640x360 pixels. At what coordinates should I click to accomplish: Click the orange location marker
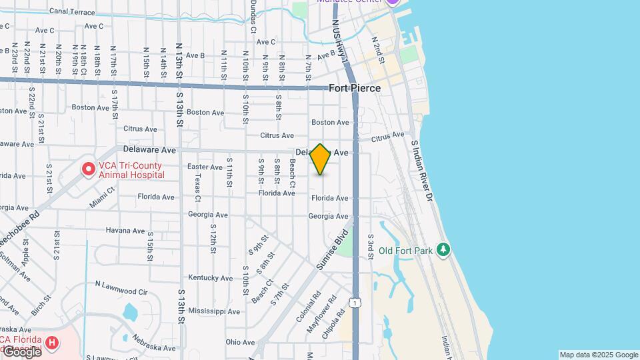pyautogui.click(x=321, y=159)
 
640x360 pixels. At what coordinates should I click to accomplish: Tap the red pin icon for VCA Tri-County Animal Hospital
pyautogui.click(x=88, y=169)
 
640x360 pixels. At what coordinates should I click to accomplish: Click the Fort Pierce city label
pyautogui.click(x=355, y=88)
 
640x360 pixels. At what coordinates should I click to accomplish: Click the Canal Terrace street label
pyautogui.click(x=72, y=12)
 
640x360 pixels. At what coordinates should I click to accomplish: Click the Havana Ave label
pyautogui.click(x=125, y=231)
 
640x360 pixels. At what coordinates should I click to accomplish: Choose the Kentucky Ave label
pyautogui.click(x=210, y=277)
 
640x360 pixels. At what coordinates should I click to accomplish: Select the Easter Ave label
pyautogui.click(x=205, y=167)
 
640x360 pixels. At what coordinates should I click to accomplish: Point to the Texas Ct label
pyautogui.click(x=197, y=188)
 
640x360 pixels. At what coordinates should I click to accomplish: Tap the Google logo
pyautogui.click(x=21, y=351)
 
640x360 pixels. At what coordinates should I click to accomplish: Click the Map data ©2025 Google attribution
pyautogui.click(x=598, y=355)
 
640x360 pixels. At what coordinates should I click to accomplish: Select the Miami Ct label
pyautogui.click(x=102, y=199)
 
